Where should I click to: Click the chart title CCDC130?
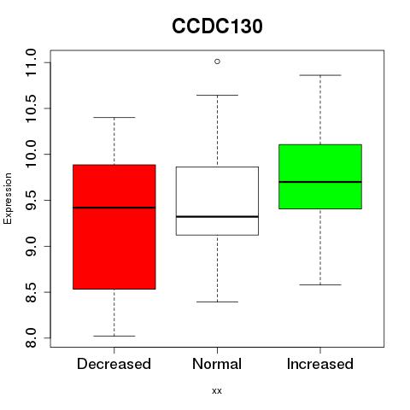pyautogui.click(x=217, y=26)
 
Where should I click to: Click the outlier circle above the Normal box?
pyautogui.click(x=217, y=61)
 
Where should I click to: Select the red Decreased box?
pyautogui.click(x=114, y=227)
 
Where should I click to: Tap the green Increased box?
pyautogui.click(x=320, y=177)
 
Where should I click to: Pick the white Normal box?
pyautogui.click(x=217, y=201)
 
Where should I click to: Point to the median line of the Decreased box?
pyautogui.click(x=114, y=208)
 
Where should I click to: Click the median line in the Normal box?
pyautogui.click(x=217, y=217)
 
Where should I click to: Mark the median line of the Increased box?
pyautogui.click(x=320, y=182)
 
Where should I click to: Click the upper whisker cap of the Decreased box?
pyautogui.click(x=114, y=117)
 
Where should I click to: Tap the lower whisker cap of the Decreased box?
pyautogui.click(x=114, y=336)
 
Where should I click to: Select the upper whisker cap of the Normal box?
pyautogui.click(x=217, y=95)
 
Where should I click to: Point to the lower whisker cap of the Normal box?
pyautogui.click(x=217, y=302)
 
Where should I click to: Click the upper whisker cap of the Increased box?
pyautogui.click(x=320, y=75)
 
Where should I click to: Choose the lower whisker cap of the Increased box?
pyautogui.click(x=320, y=284)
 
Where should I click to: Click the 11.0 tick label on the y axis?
pyautogui.click(x=31, y=62)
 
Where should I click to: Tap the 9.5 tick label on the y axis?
pyautogui.click(x=31, y=200)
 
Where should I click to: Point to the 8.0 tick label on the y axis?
pyautogui.click(x=31, y=338)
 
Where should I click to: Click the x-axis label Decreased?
pyautogui.click(x=114, y=364)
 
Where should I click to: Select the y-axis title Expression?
pyautogui.click(x=8, y=198)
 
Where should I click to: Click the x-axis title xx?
pyautogui.click(x=217, y=391)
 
